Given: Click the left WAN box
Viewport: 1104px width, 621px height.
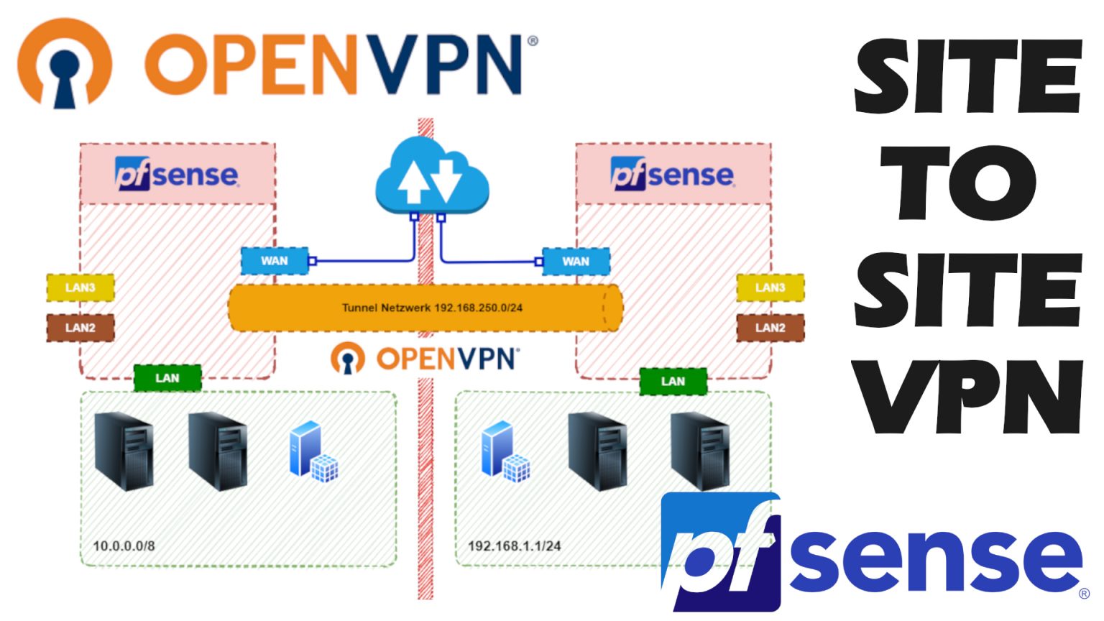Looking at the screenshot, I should tap(274, 261).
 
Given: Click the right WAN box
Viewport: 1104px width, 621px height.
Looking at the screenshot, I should tap(576, 261).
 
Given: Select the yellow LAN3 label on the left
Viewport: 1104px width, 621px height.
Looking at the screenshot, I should tap(80, 287).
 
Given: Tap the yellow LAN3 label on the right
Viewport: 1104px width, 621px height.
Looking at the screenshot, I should tap(770, 287).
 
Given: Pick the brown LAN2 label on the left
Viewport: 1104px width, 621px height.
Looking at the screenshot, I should tap(80, 328).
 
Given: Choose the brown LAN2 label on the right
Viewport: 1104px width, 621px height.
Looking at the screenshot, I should tap(770, 328).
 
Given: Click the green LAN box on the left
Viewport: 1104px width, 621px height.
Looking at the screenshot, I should tap(167, 378).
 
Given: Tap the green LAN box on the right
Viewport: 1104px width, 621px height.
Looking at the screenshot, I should tap(673, 382).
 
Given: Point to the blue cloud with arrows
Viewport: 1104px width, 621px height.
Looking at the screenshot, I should tap(431, 176).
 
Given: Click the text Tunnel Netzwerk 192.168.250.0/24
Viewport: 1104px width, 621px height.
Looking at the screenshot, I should tap(432, 308).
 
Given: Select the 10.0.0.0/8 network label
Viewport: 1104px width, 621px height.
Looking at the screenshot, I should tap(124, 546).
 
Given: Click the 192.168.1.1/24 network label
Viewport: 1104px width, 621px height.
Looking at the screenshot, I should tap(514, 546).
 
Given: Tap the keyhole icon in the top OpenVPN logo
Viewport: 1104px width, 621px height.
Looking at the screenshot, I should tap(65, 65).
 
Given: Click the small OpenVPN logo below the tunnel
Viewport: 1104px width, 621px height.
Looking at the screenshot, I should tap(424, 358).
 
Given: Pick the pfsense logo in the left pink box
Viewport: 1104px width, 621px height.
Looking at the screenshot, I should tap(177, 175).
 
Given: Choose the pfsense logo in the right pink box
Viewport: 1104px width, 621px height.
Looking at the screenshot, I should tap(673, 175).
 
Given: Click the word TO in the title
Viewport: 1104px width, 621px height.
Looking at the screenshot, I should tap(967, 183).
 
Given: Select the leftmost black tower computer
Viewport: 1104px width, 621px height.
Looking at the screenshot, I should tap(124, 451).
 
